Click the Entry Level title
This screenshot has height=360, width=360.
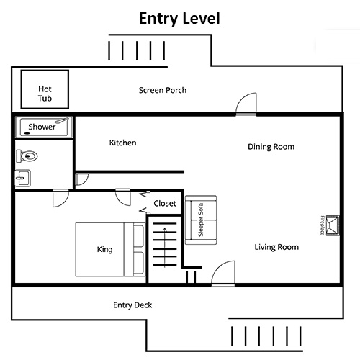click(179, 17)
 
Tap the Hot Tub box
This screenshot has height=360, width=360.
click(45, 89)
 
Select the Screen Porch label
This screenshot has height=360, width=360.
click(163, 90)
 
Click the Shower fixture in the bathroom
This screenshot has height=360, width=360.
click(44, 127)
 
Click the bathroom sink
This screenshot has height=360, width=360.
click(23, 178)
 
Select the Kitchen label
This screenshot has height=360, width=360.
click(122, 143)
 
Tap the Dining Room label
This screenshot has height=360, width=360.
click(271, 147)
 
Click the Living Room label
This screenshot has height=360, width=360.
click(276, 247)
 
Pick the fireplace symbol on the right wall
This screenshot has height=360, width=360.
click(332, 225)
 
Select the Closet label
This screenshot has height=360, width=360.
click(164, 204)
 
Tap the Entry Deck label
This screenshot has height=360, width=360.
click(132, 305)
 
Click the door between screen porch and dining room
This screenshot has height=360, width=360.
click(247, 104)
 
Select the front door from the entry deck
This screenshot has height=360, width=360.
click(223, 273)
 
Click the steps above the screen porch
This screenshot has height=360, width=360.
click(138, 51)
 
